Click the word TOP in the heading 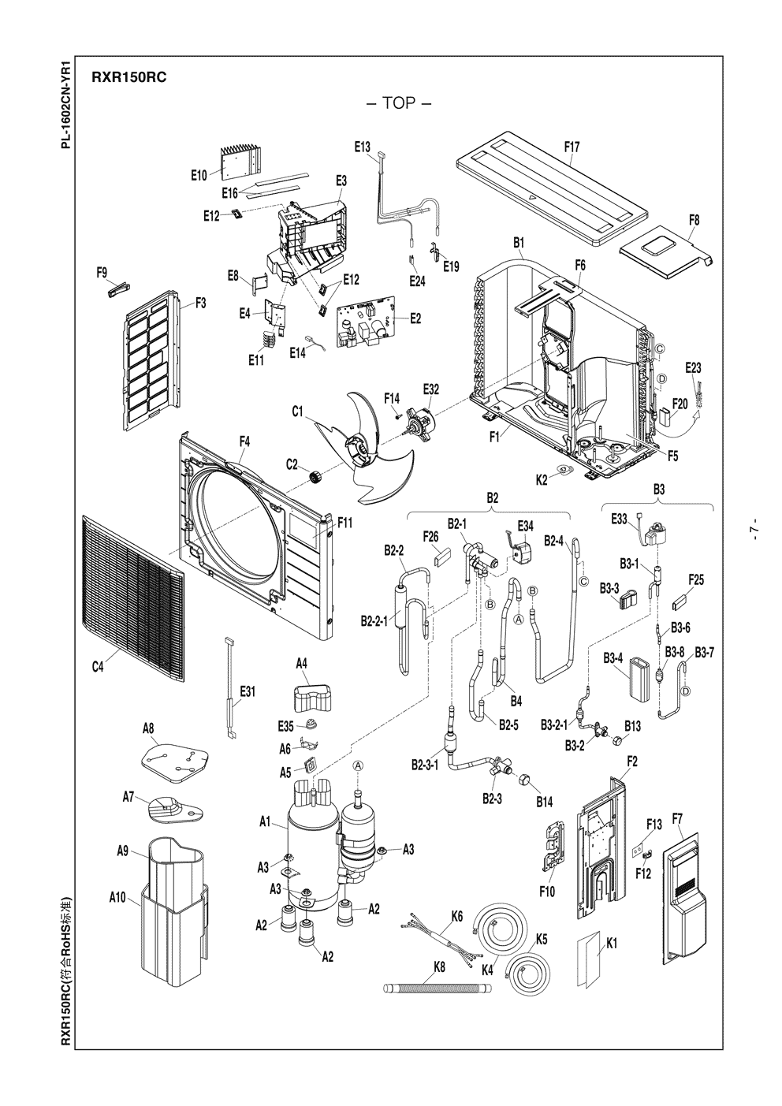click(x=398, y=104)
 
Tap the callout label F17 click(x=572, y=147)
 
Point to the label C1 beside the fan click(x=298, y=411)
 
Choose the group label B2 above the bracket click(x=492, y=497)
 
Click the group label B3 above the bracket click(x=659, y=490)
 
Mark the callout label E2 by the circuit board click(x=415, y=318)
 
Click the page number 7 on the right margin click(x=754, y=531)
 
